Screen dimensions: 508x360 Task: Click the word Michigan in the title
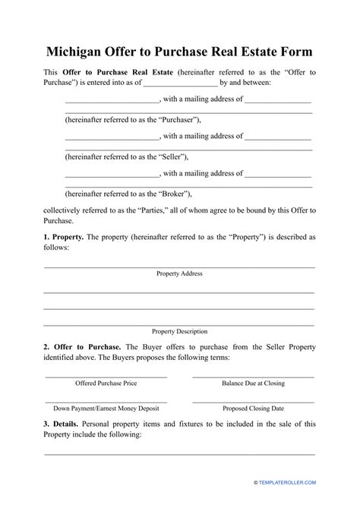click(x=79, y=52)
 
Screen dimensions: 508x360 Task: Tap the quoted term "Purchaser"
click(x=175, y=120)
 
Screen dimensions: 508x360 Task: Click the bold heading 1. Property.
click(x=63, y=238)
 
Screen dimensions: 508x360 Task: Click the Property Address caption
click(x=179, y=273)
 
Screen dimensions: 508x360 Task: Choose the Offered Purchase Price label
click(x=106, y=383)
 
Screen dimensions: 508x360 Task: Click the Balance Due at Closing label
click(x=253, y=383)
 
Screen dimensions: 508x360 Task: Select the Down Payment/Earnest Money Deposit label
click(x=106, y=408)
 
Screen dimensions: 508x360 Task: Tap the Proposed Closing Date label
click(x=253, y=408)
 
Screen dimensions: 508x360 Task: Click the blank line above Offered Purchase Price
click(x=106, y=376)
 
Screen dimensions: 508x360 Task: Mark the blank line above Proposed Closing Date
click(x=253, y=400)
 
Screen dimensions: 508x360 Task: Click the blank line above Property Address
click(x=179, y=267)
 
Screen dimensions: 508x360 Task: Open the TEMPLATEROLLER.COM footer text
click(x=299, y=482)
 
